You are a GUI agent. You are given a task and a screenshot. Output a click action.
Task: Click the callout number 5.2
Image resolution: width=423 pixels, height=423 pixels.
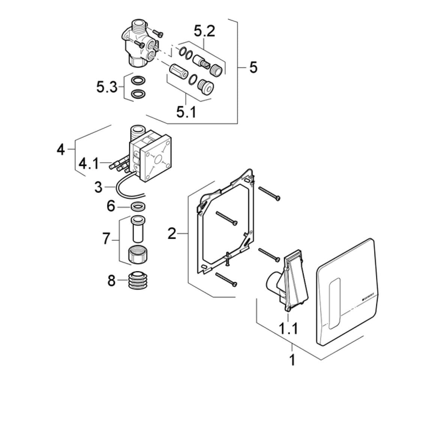pos(204,31)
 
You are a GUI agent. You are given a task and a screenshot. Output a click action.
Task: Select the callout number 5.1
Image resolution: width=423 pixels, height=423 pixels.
pos(186,111)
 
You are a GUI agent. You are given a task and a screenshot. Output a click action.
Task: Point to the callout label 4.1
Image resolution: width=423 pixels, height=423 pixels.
pos(89,163)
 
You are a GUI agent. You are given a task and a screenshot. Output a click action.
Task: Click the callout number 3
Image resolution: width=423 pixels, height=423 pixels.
pos(98,186)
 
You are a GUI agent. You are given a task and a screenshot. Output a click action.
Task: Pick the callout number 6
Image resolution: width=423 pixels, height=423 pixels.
pos(111,206)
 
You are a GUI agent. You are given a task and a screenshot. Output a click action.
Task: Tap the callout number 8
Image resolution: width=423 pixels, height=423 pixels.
pos(111,280)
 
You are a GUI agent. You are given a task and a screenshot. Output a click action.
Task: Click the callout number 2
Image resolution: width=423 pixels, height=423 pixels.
pos(172,234)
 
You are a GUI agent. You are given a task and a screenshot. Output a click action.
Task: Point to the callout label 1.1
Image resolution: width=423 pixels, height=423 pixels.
pos(288,329)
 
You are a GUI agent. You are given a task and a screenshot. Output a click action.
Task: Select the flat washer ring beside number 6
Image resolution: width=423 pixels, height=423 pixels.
pos(138,206)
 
